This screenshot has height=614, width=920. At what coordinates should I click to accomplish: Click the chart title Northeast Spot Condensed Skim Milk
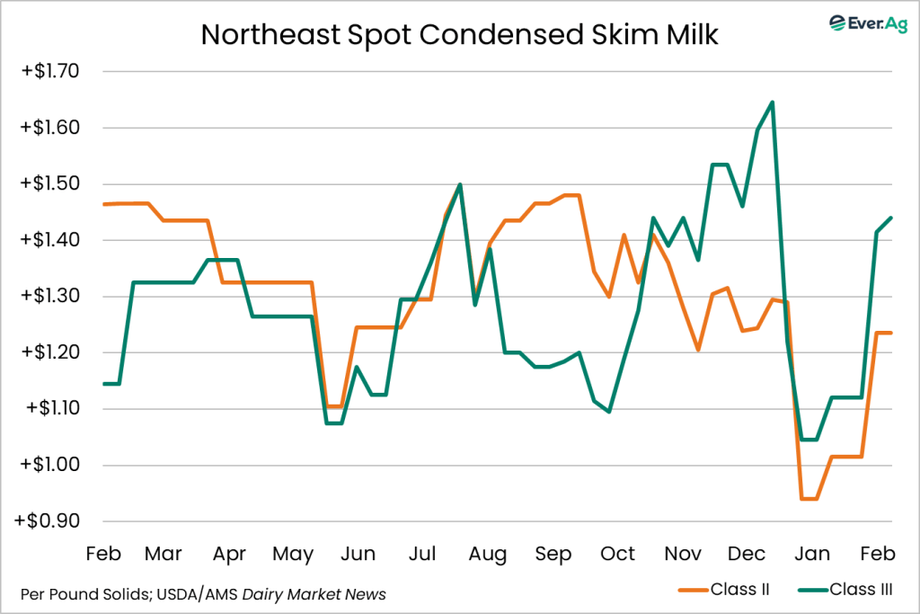pos(460,34)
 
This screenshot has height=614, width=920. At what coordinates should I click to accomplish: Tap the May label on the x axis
pos(293,555)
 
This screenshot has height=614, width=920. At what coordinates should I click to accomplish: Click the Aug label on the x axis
pos(487,555)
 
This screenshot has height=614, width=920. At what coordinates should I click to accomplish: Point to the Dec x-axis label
pos(747,555)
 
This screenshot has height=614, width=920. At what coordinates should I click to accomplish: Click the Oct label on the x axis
pos(617,555)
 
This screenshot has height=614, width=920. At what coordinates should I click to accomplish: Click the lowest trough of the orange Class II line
pos(809,499)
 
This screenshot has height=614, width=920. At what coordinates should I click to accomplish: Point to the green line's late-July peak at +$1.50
pos(460,184)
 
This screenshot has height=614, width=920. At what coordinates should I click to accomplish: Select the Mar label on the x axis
pos(164,555)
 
